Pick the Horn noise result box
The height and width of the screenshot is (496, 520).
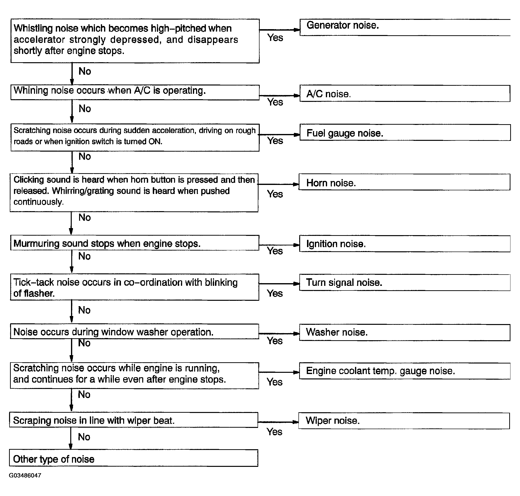[x=404, y=182]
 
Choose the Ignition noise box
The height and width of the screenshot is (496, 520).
[x=404, y=244]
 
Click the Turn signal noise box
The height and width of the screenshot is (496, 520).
[x=404, y=282]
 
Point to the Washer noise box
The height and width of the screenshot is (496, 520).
[x=404, y=332]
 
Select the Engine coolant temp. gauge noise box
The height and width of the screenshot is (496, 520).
[x=404, y=371]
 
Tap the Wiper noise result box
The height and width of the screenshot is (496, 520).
[x=404, y=421]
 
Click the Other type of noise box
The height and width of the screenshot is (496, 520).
[x=133, y=459]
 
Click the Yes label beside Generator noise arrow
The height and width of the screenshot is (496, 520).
[x=275, y=38]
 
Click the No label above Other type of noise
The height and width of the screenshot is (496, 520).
[x=84, y=437]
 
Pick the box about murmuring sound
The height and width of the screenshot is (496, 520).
[x=134, y=243]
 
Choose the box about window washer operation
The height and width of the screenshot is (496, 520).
[x=134, y=332]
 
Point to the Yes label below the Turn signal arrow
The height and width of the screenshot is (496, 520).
[x=275, y=293]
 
